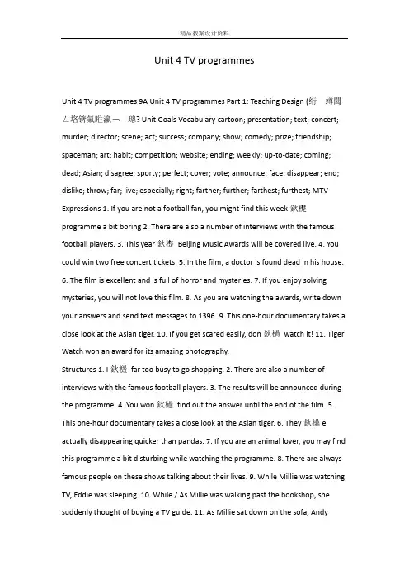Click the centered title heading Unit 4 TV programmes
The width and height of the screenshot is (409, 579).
204,60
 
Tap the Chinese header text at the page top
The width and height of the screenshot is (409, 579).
204,11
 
